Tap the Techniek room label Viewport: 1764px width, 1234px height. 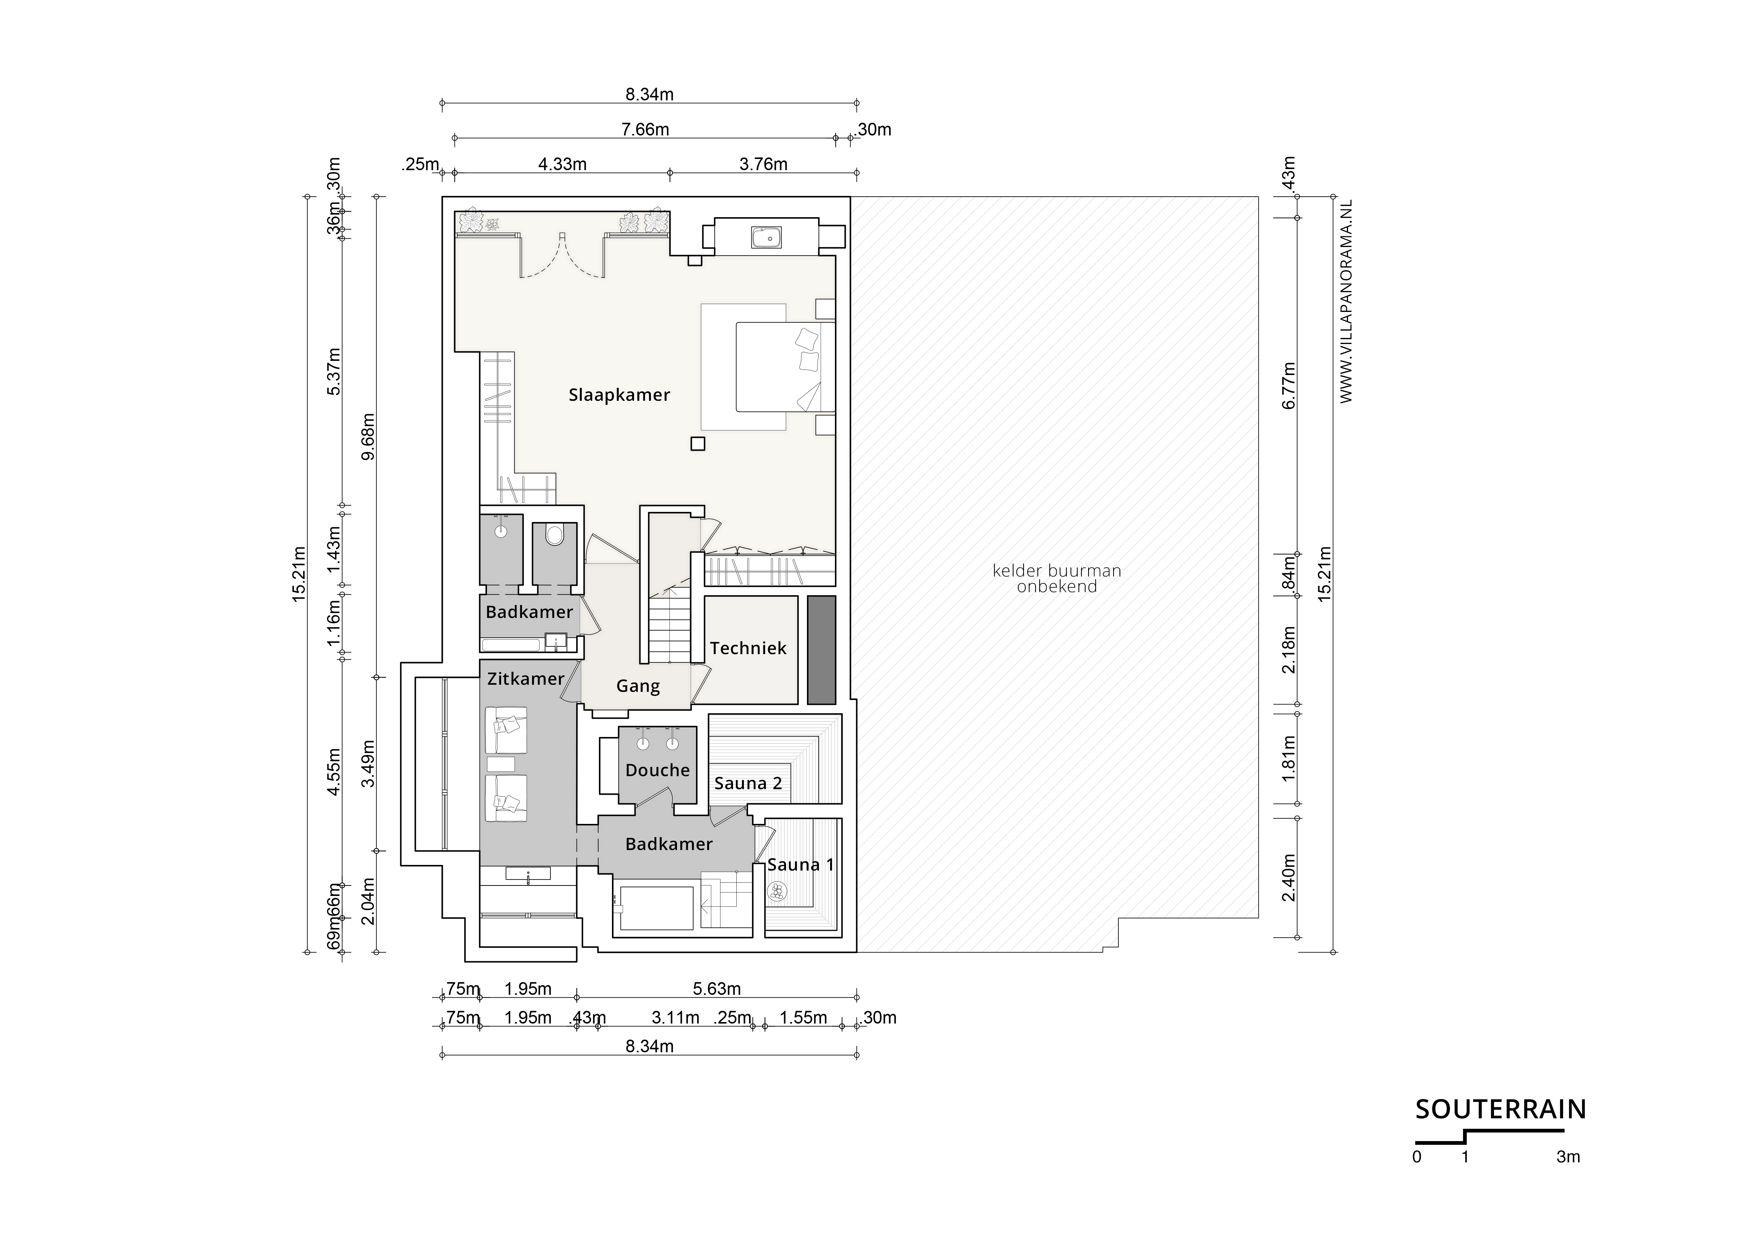(748, 648)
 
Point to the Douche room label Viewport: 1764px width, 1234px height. (658, 770)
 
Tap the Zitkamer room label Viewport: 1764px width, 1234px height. (525, 679)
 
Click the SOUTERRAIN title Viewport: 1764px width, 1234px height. (1500, 1110)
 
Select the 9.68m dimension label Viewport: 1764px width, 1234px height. (368, 436)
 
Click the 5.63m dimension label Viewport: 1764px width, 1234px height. (717, 989)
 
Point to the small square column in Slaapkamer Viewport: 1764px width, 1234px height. (698, 444)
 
